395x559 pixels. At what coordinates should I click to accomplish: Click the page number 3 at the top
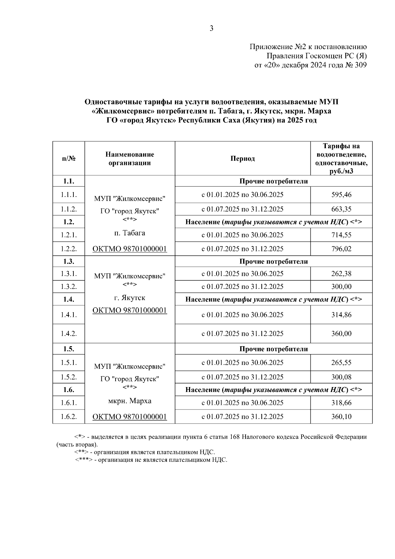coord(211,29)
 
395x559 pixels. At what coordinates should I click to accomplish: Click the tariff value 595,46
coord(341,195)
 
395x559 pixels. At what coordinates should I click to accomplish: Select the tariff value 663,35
coord(341,209)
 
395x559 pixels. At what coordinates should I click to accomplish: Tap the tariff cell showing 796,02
coord(341,249)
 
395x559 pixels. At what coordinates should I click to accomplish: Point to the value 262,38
coord(341,274)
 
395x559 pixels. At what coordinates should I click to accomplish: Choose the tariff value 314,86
coord(341,315)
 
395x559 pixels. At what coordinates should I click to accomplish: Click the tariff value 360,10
coord(341,417)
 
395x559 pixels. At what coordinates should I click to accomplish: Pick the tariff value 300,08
coord(341,377)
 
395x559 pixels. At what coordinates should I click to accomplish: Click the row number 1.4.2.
coord(69,334)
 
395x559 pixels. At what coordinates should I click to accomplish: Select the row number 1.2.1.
coord(69,235)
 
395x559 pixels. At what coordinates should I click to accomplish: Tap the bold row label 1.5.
coord(69,349)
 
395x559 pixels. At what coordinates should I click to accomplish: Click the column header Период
coord(243,159)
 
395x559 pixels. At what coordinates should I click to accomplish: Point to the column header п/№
coord(69,159)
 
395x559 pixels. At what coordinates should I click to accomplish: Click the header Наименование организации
coord(130,158)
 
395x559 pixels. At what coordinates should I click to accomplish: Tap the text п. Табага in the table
coord(130,233)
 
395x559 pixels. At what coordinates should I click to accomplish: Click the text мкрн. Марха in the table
coord(130,401)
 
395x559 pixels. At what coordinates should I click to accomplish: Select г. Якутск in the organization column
coord(130,298)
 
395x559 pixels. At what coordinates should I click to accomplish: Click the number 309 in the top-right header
coord(360,65)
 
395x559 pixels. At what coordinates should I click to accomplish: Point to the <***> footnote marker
coord(84,460)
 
